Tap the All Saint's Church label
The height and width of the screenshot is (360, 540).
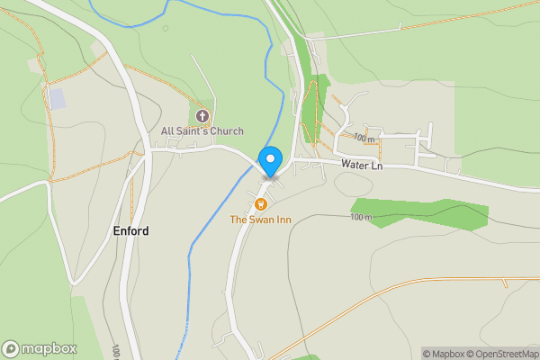point(202,131)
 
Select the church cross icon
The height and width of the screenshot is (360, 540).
point(202,116)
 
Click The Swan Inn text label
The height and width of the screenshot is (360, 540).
point(260,220)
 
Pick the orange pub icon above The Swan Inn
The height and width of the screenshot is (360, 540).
point(261,203)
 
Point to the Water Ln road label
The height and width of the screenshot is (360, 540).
point(361,166)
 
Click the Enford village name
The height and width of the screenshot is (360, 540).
point(130,231)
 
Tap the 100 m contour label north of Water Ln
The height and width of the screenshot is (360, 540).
point(364,139)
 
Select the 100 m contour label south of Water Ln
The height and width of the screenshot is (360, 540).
point(360,217)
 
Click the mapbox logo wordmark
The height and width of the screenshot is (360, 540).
point(49,348)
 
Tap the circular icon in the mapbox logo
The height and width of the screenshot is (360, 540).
point(12,348)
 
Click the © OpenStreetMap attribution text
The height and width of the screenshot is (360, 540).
point(500,353)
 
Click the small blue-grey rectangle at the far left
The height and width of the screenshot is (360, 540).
point(57,99)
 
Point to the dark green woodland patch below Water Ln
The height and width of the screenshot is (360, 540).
point(423,212)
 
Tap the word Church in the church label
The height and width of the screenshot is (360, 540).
point(226,131)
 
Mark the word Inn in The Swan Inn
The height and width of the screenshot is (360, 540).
point(283,220)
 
